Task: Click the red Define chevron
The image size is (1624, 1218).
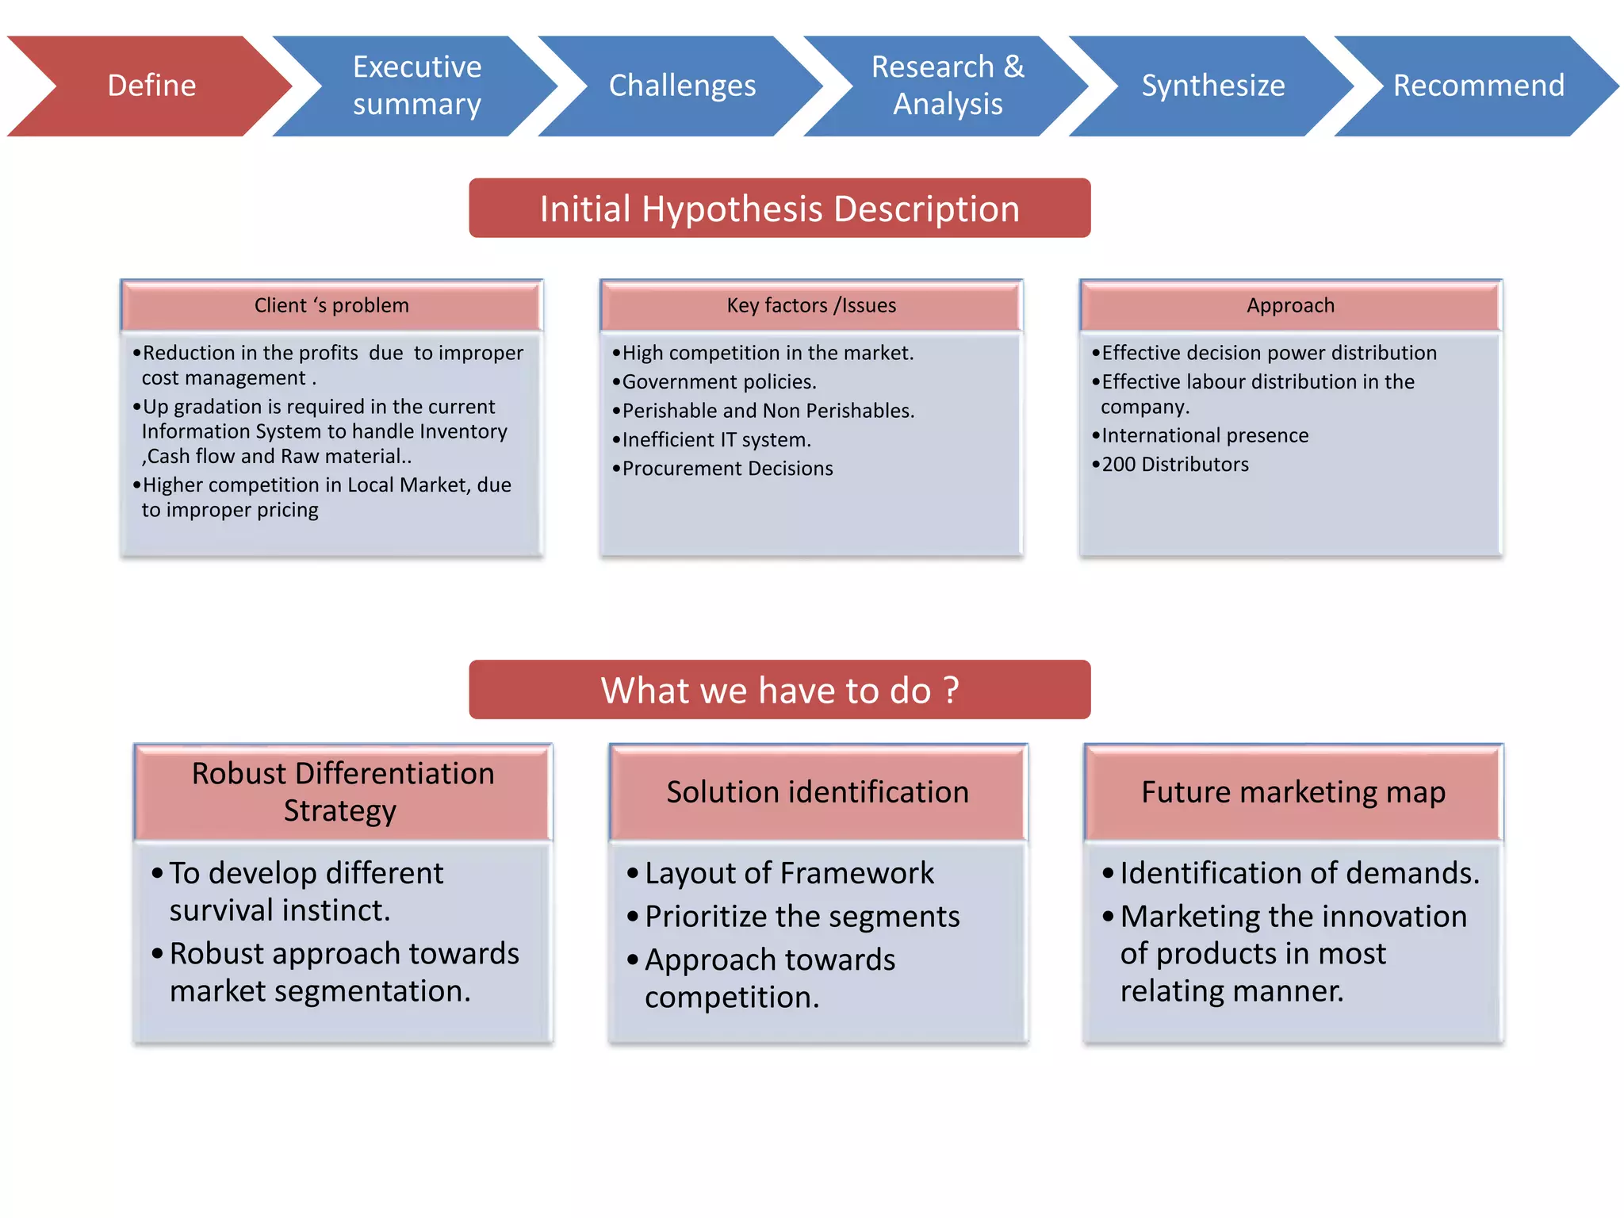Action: (x=151, y=86)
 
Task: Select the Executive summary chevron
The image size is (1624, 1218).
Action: (x=416, y=86)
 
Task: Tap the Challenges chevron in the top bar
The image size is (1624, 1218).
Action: (x=682, y=86)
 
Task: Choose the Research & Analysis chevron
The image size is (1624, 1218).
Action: (x=948, y=86)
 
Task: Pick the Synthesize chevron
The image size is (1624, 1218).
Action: (x=1213, y=86)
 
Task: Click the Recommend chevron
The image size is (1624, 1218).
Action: (x=1479, y=86)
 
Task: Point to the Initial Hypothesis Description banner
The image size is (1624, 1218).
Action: (x=779, y=209)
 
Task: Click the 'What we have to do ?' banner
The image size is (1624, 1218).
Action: (x=779, y=690)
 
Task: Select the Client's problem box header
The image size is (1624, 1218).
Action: (x=331, y=305)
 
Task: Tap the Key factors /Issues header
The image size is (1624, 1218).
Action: (x=811, y=305)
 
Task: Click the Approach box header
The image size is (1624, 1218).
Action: (x=1290, y=305)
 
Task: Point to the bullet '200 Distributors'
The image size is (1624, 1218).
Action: (x=1174, y=465)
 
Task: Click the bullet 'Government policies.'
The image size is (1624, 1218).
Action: (x=718, y=382)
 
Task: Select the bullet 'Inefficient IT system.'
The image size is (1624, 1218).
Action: (x=716, y=440)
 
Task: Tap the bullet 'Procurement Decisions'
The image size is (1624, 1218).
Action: (x=727, y=469)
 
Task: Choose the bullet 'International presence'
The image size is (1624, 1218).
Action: (x=1205, y=435)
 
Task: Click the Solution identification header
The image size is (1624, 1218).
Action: (x=818, y=792)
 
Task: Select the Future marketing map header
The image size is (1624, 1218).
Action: (x=1293, y=792)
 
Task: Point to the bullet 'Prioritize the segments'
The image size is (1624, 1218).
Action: (x=802, y=917)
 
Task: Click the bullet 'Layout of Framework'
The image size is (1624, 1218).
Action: (x=789, y=873)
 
